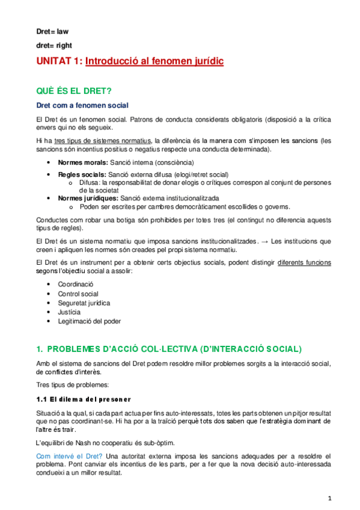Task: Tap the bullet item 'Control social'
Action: (x=79, y=293)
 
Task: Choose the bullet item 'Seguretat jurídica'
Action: (x=84, y=303)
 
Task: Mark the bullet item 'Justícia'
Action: (x=69, y=312)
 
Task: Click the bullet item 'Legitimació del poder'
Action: (x=90, y=321)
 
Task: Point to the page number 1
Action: (x=330, y=499)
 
